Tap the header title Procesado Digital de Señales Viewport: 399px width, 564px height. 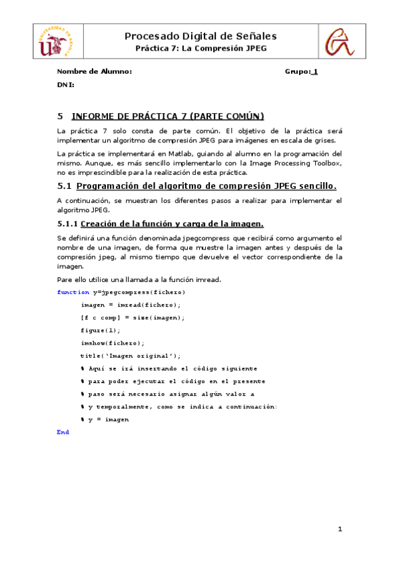pyautogui.click(x=200, y=36)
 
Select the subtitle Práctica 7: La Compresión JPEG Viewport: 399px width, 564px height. pyautogui.click(x=200, y=49)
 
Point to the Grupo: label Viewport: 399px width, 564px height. pyautogui.click(x=297, y=71)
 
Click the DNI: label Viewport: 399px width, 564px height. pyautogui.click(x=65, y=85)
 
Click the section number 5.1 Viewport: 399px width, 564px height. pyautogui.click(x=65, y=185)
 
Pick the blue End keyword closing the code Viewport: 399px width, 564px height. pyautogui.click(x=63, y=432)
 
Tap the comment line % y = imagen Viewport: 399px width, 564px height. pyautogui.click(x=105, y=420)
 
